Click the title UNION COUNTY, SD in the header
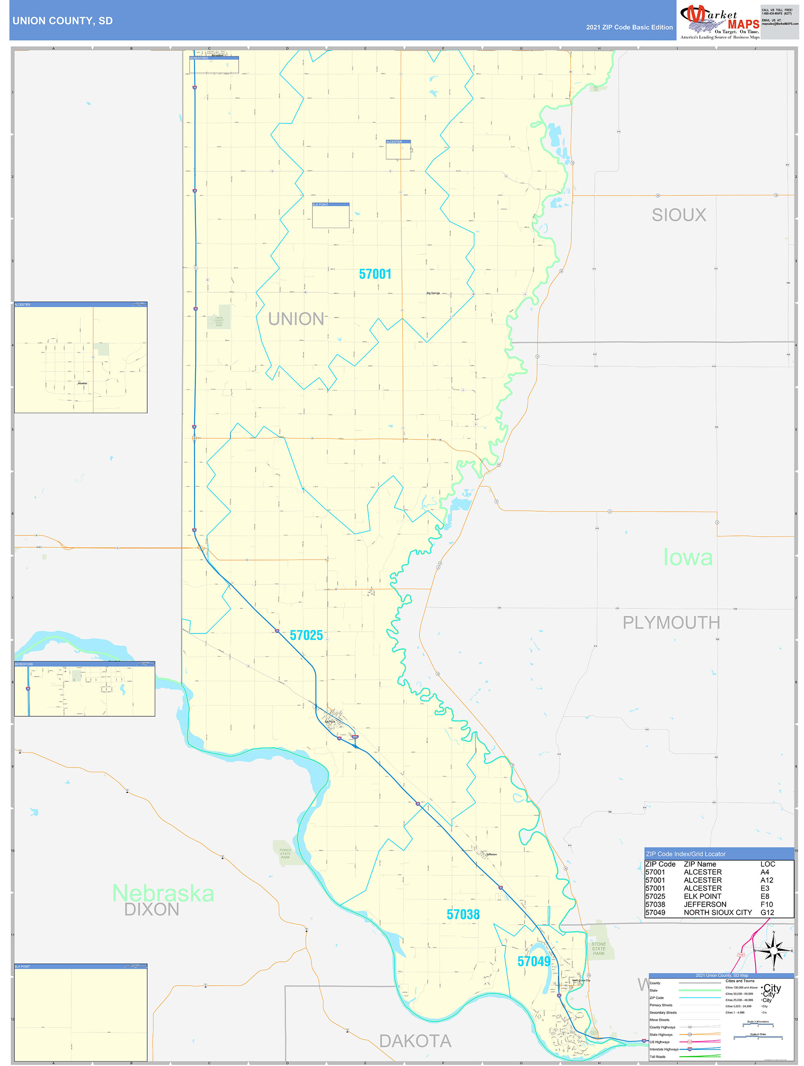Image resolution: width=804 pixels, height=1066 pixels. point(62,21)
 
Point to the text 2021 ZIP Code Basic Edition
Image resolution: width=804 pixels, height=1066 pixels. point(629,27)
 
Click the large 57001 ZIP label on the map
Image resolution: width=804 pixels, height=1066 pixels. point(375,274)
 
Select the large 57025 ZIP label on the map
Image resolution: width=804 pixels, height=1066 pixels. point(306,635)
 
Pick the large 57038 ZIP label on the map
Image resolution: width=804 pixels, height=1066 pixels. point(463,914)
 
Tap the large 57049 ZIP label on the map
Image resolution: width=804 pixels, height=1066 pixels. point(533,961)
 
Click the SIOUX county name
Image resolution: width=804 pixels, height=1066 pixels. point(679,215)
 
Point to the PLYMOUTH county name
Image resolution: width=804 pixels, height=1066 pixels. point(671,623)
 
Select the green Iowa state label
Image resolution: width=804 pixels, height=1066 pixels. point(688,558)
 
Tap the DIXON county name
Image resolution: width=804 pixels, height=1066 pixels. point(152,910)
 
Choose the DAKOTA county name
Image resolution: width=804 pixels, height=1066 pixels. point(415,1041)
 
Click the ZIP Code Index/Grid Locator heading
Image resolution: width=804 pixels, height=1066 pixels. point(686,854)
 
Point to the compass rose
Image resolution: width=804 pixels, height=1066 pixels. point(774,951)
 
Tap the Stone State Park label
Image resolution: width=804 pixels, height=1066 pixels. point(599,948)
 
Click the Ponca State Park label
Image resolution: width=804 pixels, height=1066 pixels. point(285,854)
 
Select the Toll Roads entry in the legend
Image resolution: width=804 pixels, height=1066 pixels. point(658,1056)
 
